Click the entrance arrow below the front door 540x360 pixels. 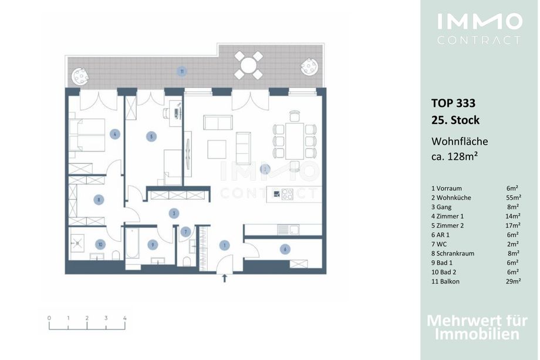[225, 278]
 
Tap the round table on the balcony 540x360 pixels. [248, 65]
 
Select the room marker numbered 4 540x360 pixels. [114, 134]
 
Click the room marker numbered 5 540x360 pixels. [151, 136]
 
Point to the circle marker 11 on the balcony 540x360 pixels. [182, 72]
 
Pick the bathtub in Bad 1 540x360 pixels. [132, 244]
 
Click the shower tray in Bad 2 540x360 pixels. [78, 243]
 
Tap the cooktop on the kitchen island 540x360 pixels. [287, 194]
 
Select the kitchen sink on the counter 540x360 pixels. [289, 230]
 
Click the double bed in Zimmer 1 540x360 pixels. [87, 135]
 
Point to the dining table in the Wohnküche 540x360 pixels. [295, 140]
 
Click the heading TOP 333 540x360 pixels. [453, 103]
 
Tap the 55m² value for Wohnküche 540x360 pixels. [514, 197]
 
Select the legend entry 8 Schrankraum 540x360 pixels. [453, 253]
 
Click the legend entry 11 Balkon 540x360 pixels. [446, 281]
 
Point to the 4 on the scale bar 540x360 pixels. [124, 318]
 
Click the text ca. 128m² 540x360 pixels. [454, 156]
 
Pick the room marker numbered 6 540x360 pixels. [285, 249]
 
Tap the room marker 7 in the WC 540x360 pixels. [185, 231]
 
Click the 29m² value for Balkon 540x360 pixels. [513, 281]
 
